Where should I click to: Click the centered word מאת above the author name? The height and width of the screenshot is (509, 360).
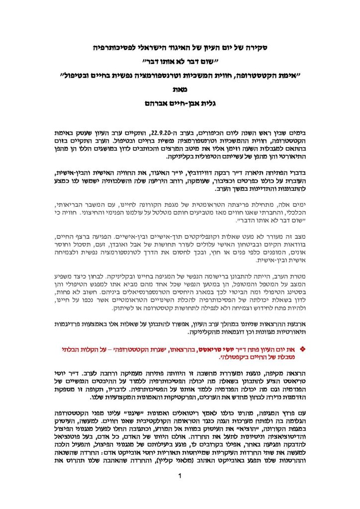(x=180, y=91)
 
